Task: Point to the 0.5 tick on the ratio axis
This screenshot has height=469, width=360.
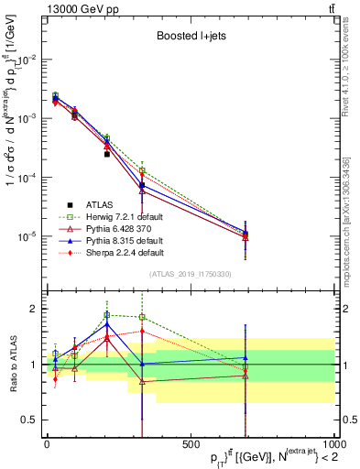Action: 29,420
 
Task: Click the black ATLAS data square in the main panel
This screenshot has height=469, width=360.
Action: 107,154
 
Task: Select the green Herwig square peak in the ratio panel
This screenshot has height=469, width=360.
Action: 107,315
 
